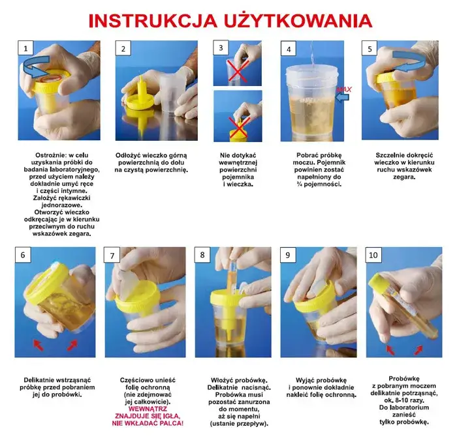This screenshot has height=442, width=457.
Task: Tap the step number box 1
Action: pos(25,49)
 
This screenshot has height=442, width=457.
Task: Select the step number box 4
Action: pos(289,49)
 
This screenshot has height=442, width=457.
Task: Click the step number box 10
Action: pos(374,255)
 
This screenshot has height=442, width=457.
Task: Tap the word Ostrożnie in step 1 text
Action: pos(41,155)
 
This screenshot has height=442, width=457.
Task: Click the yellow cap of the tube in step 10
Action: pos(379,282)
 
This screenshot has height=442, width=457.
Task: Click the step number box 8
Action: pos(203,255)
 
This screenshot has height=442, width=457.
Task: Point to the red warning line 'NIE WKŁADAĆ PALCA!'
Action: pos(148,423)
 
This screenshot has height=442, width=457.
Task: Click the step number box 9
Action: pos(288,255)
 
